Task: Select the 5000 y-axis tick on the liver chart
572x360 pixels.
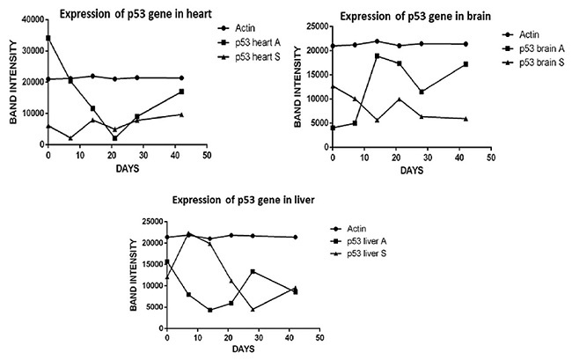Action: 151,305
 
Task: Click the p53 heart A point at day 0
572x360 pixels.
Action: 48,38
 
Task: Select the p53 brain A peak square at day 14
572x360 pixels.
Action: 377,55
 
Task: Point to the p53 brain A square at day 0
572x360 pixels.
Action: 333,128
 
